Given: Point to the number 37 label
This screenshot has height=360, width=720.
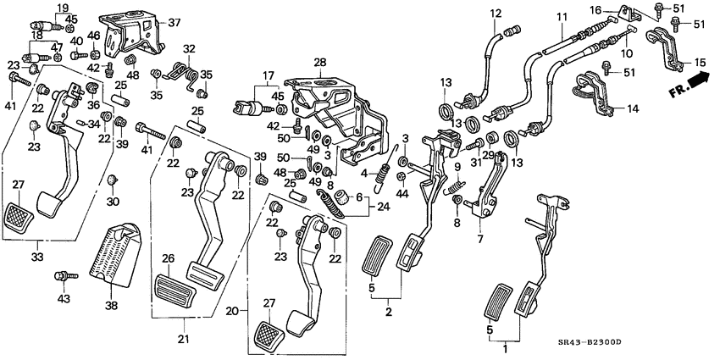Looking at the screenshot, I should coord(174,22).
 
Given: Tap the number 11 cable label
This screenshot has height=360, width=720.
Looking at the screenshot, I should coord(562,17).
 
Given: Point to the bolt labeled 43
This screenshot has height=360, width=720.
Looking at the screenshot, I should coord(64,276).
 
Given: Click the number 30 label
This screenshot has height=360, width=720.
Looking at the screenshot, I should coord(113,201).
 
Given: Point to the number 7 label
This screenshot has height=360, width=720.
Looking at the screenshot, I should coord(480,240).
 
